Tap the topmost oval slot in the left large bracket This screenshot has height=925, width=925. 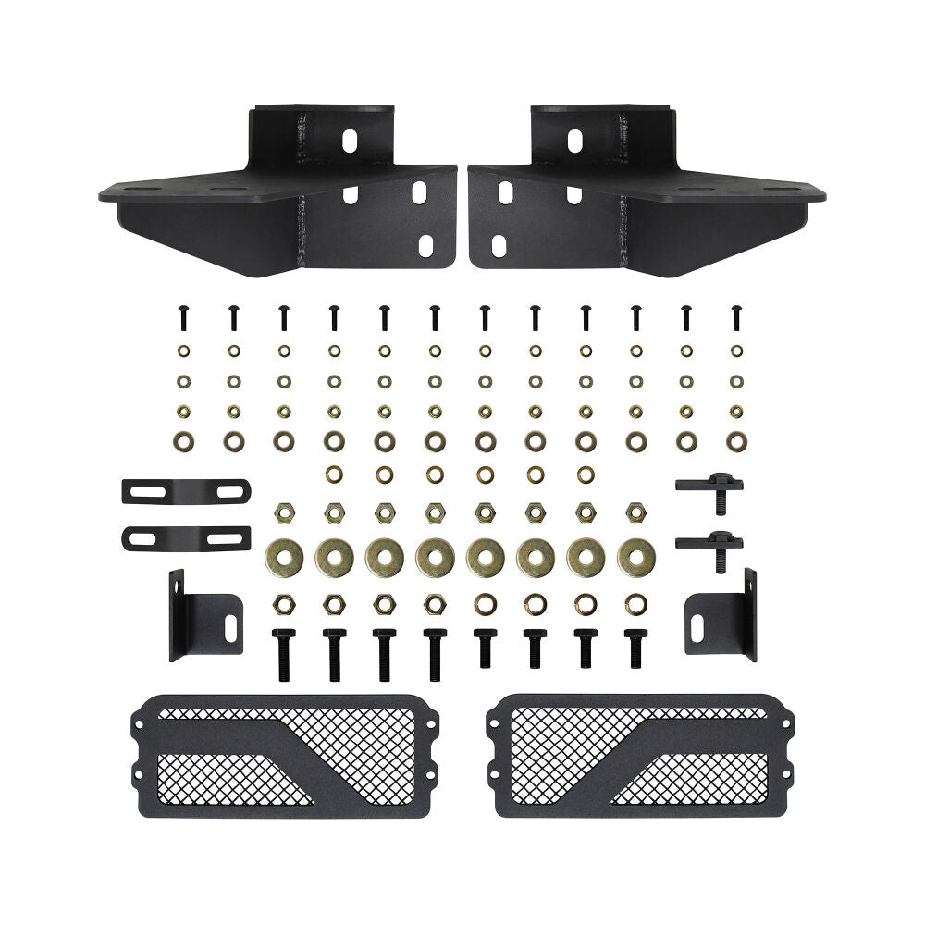click(x=351, y=139)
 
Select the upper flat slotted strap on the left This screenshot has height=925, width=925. click(x=185, y=490)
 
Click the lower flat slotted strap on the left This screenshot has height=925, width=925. click(x=185, y=536)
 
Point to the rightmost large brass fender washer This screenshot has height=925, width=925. click(x=635, y=556)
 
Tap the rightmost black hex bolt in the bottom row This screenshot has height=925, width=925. click(x=635, y=650)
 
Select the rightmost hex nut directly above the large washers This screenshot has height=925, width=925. click(x=635, y=511)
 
